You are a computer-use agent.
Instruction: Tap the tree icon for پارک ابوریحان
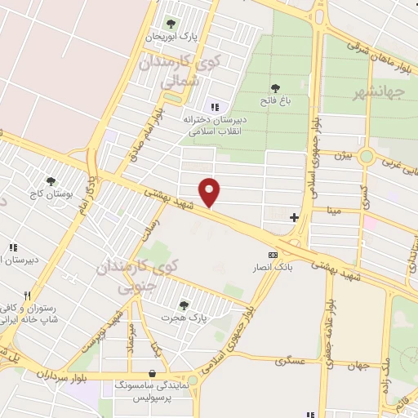coord(171,23)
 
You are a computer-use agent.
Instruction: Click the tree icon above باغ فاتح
coord(276,87)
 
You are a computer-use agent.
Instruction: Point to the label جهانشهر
coord(383,92)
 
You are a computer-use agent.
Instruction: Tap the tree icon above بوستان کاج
coord(51,181)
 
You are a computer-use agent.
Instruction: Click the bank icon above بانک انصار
coord(273,253)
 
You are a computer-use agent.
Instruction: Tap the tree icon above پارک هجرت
coord(182,304)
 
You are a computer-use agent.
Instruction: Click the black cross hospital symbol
coord(294,216)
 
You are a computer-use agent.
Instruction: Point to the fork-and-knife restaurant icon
coord(27,296)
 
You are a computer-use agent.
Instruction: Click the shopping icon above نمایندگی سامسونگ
coord(153,367)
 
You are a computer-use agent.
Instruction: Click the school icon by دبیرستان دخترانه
coord(216,106)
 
